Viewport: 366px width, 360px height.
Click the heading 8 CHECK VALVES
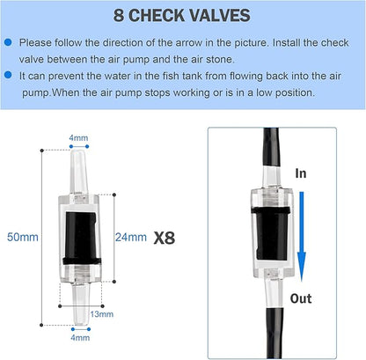click(182, 15)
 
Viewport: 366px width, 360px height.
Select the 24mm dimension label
click(131, 237)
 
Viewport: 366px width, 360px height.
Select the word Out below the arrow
click(301, 298)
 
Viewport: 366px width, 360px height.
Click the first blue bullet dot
click(8, 41)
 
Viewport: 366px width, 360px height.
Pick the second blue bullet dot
click(8, 77)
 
